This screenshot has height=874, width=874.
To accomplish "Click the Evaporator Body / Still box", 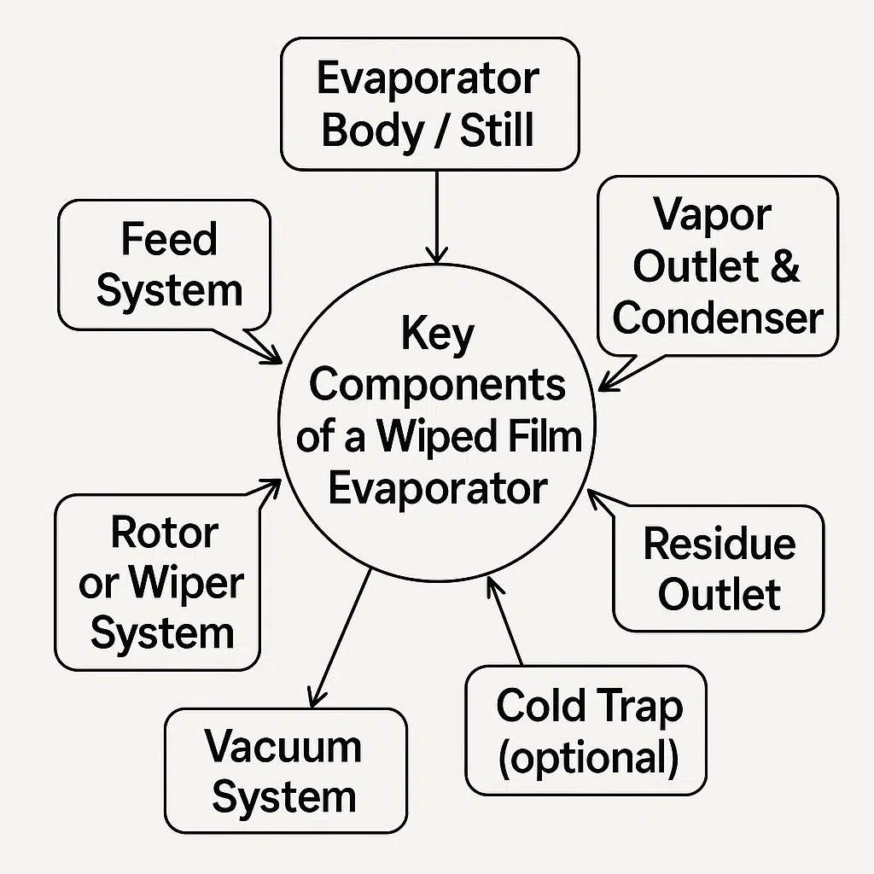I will point(428,104).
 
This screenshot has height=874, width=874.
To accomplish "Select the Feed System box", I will point(164,265).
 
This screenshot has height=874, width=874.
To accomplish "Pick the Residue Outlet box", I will point(719,568).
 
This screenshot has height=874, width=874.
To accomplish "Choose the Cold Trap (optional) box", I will point(586,731).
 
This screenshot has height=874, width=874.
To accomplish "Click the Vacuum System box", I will point(285,771).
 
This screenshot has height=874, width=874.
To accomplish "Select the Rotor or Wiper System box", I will point(157,583).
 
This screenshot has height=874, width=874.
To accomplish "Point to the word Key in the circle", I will point(437,335).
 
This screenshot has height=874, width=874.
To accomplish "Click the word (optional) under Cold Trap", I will point(588,757).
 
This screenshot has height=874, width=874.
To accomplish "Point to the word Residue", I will point(719,544).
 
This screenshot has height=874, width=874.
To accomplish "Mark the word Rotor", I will point(164,533).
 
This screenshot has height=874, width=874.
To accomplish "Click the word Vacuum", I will point(283,747).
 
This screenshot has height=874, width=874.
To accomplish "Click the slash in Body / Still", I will point(444,131).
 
